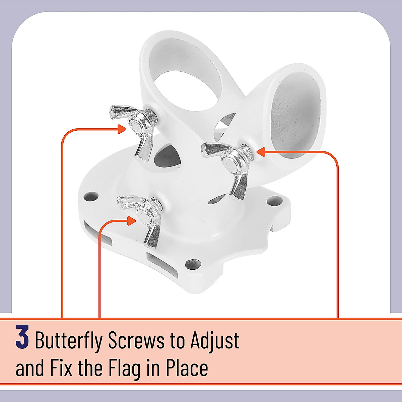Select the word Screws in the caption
click(x=136, y=341)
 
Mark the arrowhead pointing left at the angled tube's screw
click(x=261, y=152)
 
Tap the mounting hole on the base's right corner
click(x=272, y=201)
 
